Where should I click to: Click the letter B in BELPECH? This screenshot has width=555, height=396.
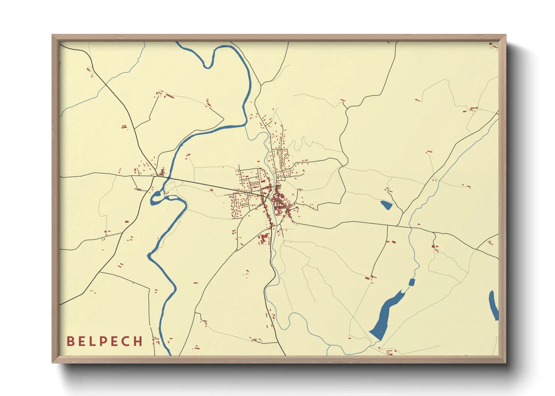tap(70, 341)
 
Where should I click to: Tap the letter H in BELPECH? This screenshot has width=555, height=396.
tap(138, 341)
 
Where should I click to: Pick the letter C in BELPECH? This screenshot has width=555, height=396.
tap(126, 341)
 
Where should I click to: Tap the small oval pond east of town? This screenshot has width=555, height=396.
tap(386, 205)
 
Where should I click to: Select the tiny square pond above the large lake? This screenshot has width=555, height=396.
tap(412, 282)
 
